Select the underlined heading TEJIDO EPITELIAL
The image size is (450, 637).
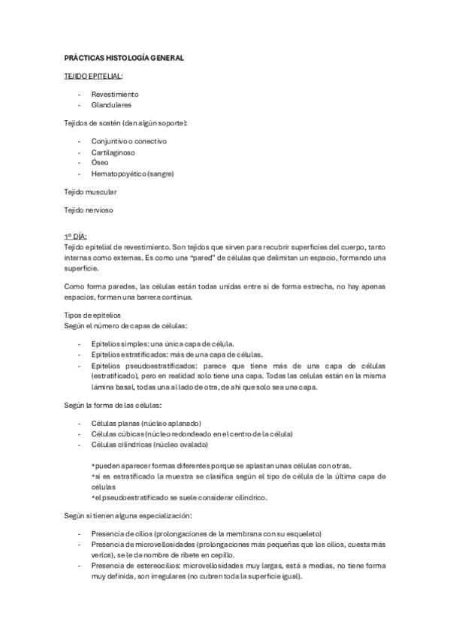tap(93, 76)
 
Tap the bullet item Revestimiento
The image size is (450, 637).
tap(115, 95)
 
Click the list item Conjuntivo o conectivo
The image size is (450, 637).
tap(128, 141)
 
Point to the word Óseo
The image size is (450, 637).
tap(100, 162)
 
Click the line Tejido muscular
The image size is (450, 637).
tap(89, 192)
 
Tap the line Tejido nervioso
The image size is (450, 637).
tap(88, 211)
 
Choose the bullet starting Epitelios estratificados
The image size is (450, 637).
tap(177, 354)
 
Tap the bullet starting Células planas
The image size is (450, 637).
tap(146, 424)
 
